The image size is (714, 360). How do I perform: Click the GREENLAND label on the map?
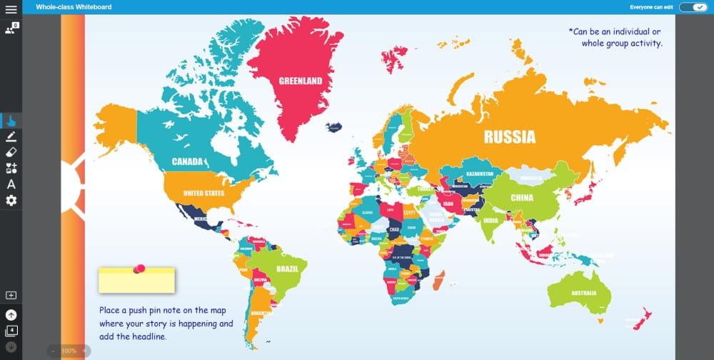[300, 81]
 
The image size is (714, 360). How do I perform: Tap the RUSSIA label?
[509, 136]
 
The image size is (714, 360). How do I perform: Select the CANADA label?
[188, 161]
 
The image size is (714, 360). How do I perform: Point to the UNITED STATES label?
[203, 193]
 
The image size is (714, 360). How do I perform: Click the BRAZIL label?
[287, 269]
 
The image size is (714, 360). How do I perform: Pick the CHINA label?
[522, 198]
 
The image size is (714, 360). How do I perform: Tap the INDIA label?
[490, 221]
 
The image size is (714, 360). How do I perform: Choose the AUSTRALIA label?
[583, 293]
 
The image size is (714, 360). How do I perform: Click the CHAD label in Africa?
[393, 229]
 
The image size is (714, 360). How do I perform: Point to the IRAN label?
[448, 203]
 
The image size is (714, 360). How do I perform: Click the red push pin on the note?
[140, 269]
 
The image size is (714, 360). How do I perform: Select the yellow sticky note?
[136, 282]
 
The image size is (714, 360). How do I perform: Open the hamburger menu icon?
[11, 9]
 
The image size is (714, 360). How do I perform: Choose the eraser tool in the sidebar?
[11, 152]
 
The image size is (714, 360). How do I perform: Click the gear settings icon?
[11, 200]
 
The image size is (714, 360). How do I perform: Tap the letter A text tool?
[11, 184]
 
